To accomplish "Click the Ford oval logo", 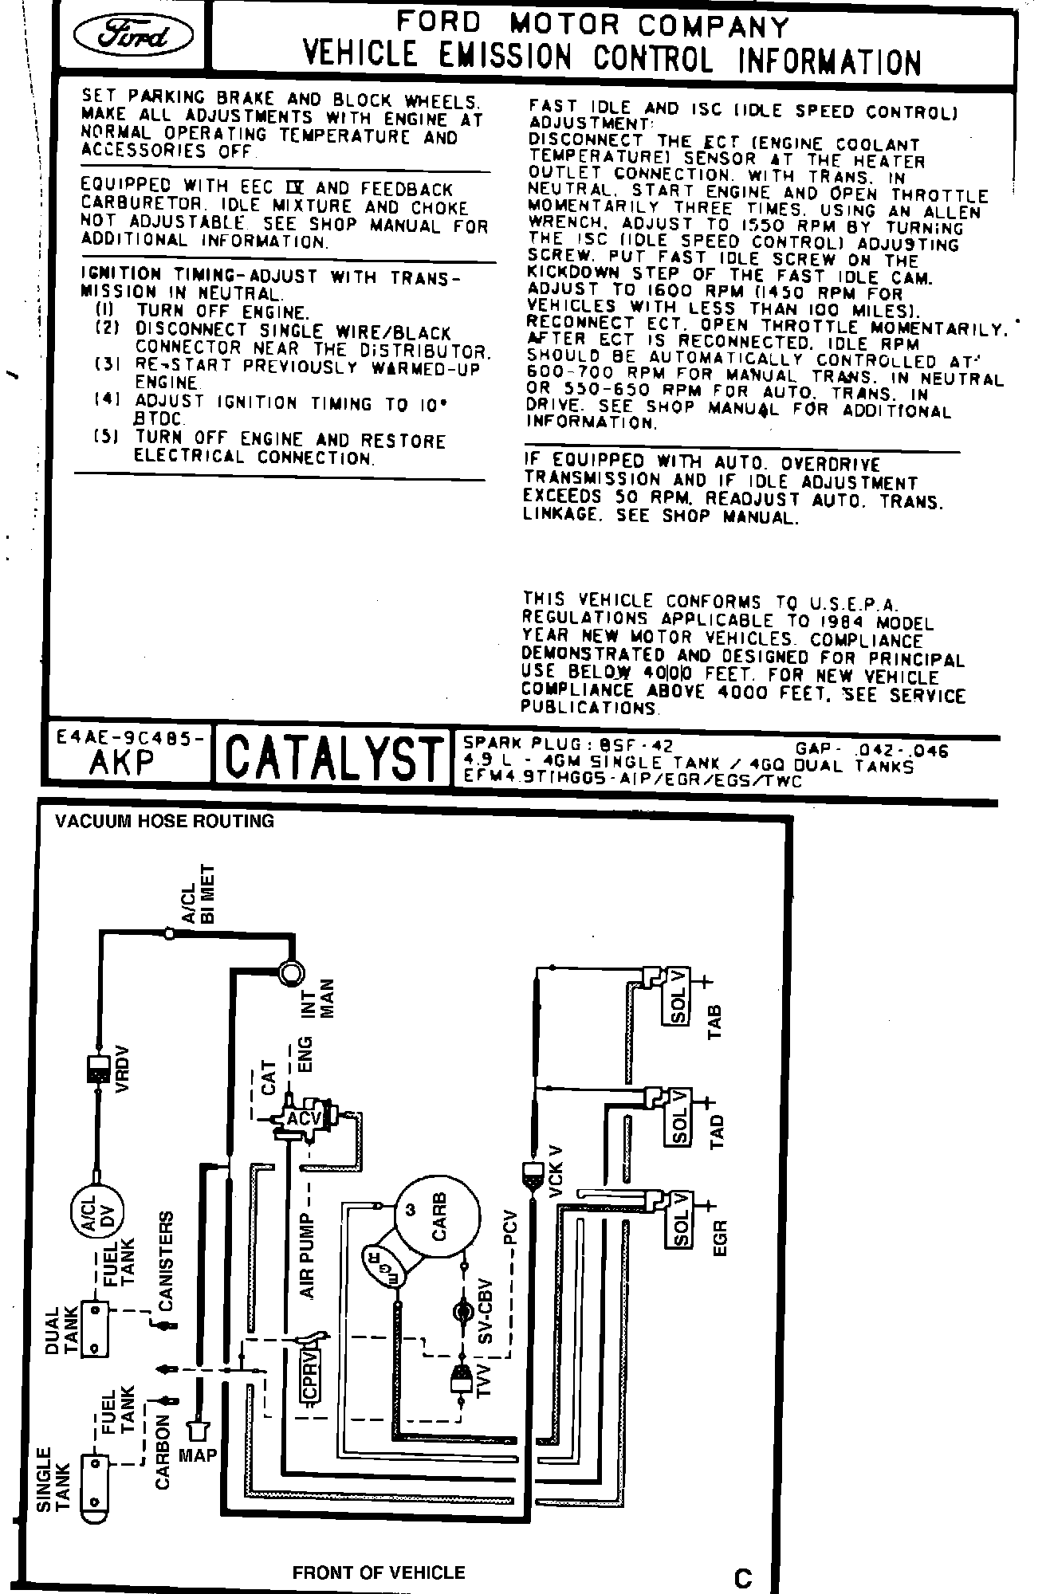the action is click(132, 36).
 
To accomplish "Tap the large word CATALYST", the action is click(334, 758).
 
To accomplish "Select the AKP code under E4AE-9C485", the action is click(122, 763).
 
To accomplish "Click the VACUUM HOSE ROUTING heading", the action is click(164, 821).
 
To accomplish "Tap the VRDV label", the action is click(121, 1069).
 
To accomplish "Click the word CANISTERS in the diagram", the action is click(166, 1261).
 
